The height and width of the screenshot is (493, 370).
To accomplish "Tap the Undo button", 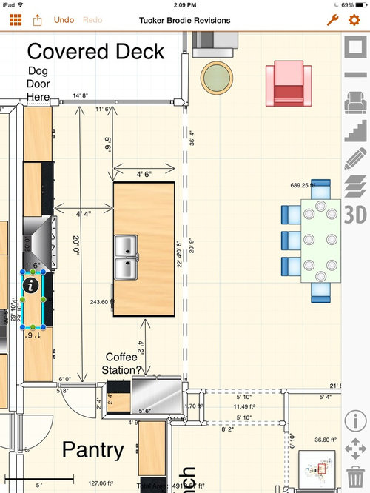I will [64, 20].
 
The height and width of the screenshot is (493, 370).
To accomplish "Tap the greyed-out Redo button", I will [92, 20].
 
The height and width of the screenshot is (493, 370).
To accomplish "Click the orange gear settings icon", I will [354, 20].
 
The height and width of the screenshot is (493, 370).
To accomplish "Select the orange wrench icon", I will [332, 20].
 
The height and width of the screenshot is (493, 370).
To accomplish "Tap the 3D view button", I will [356, 214].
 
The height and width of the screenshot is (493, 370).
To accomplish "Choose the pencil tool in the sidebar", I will [356, 158].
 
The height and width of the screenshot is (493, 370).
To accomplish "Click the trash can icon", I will [356, 474].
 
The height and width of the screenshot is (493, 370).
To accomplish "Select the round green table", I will [216, 76].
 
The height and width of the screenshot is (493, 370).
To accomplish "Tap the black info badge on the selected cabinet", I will [30, 282].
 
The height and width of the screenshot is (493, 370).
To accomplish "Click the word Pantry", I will [92, 449].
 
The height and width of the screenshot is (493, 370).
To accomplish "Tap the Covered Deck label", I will [95, 52].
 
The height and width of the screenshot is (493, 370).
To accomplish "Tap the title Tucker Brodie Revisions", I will [184, 21].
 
